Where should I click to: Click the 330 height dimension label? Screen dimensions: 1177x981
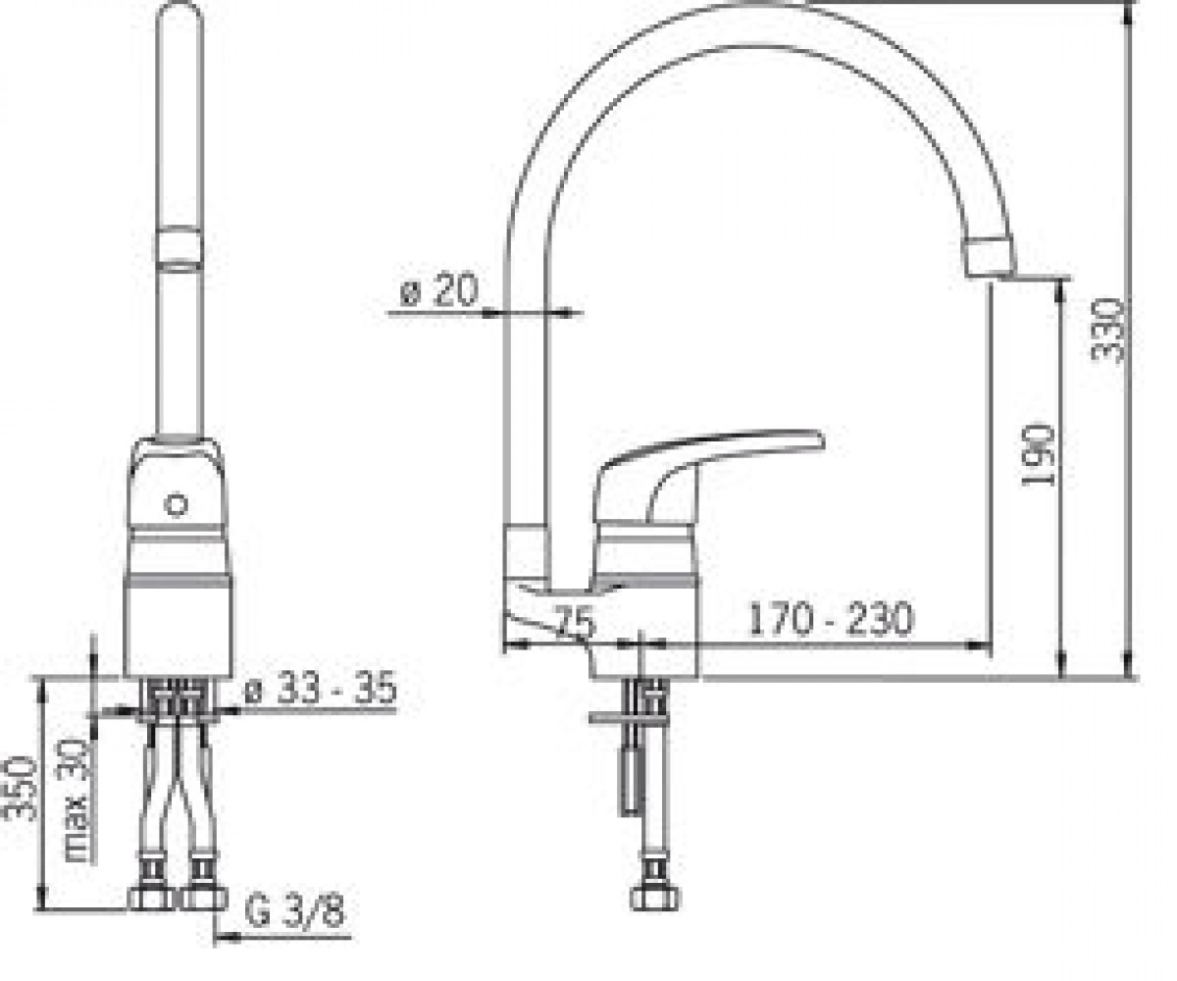pos(1107,331)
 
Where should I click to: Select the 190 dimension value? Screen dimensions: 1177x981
pos(1037,455)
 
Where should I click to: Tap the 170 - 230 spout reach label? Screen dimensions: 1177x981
pos(831,619)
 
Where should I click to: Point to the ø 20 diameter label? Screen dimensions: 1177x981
pos(438,289)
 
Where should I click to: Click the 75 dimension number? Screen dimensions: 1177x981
pos(575,622)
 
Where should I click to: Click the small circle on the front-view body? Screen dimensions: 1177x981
pos(176,504)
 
